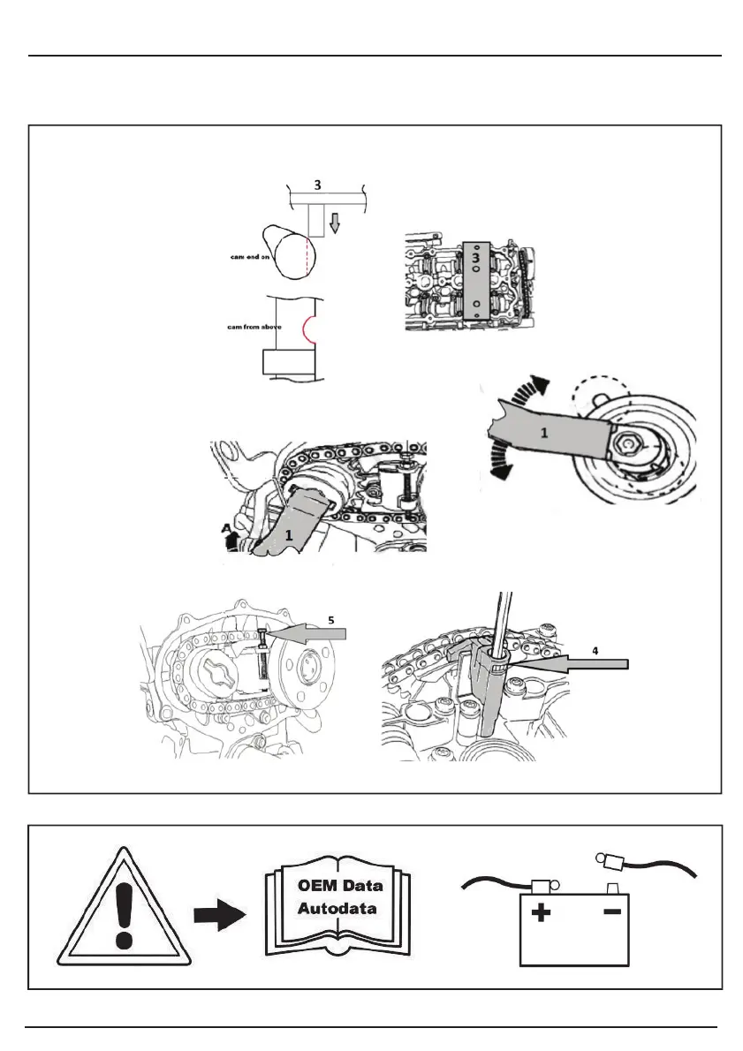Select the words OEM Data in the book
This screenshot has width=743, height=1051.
click(x=339, y=886)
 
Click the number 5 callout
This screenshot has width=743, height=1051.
click(x=330, y=619)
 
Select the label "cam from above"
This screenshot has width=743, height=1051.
click(x=240, y=326)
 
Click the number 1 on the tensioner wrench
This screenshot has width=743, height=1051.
click(x=544, y=434)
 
